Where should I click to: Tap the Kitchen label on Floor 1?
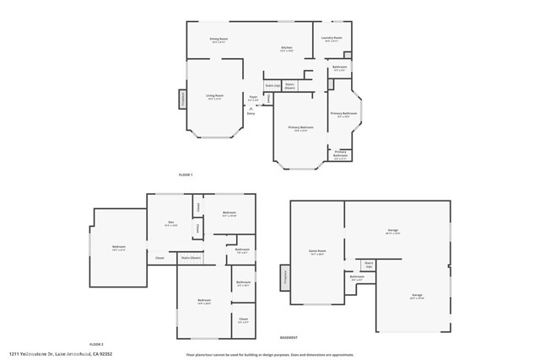(x=287, y=49)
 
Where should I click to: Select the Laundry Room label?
(x=332, y=39)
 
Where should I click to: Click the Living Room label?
(x=215, y=97)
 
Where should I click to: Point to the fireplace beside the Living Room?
(x=182, y=99)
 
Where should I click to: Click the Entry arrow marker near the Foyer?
(x=251, y=109)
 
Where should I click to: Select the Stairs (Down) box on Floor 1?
(x=289, y=85)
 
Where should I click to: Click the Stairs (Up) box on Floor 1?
(x=272, y=85)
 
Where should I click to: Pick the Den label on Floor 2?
(x=170, y=223)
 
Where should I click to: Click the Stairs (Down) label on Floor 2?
(x=191, y=257)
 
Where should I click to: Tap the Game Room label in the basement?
(x=317, y=252)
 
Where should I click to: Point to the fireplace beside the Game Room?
(x=285, y=277)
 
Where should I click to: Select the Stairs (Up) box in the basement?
(x=369, y=264)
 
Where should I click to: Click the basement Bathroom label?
(x=357, y=277)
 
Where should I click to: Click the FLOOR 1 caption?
(x=186, y=175)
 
